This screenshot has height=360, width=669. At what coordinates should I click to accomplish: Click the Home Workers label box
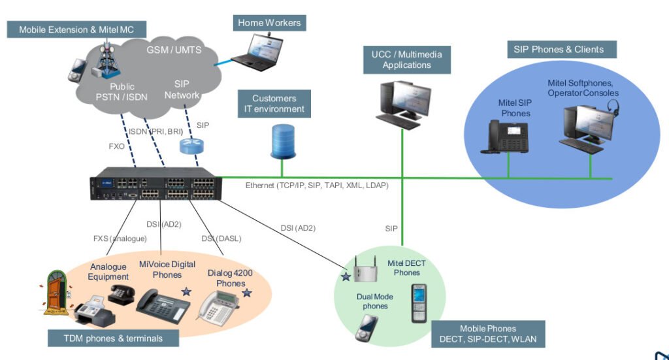pos(269,23)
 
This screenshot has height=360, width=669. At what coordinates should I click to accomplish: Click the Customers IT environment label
pos(274,104)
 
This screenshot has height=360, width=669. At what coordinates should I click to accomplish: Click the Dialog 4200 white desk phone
pos(220,305)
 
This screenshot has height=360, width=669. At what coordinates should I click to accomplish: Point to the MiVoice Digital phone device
pos(162,305)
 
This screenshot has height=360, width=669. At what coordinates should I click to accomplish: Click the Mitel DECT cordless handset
pos(419,303)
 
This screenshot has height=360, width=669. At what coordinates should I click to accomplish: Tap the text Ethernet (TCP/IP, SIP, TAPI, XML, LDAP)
pos(317,186)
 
